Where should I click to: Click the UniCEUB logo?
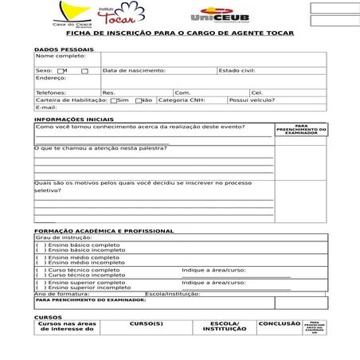[219, 16]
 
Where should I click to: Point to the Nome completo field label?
[60, 56]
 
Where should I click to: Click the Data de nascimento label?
[134, 70]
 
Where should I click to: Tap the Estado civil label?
[237, 70]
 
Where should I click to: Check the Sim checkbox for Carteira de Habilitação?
[115, 100]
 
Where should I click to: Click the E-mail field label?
[45, 108]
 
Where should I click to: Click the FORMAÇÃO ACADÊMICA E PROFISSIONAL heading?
[104, 231]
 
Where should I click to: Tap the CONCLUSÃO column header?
[279, 324]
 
